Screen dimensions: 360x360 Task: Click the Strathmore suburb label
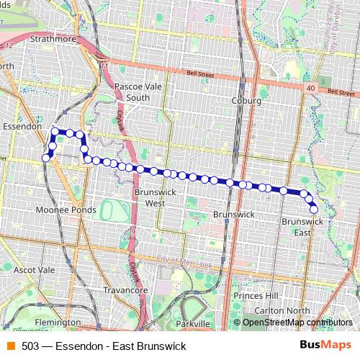point(54,39)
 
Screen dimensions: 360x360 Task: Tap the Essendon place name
point(21,126)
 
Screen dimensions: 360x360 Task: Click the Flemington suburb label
point(57,322)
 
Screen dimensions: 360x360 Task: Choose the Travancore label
point(125,290)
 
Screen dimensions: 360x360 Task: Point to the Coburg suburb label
point(246,102)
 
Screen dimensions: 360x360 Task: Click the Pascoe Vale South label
point(132,92)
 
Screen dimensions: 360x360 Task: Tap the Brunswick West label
point(150,198)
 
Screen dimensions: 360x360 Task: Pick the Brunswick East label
point(297,227)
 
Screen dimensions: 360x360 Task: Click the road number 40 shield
point(310,87)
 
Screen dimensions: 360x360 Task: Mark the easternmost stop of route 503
point(314,209)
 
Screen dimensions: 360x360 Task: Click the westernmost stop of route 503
point(46,158)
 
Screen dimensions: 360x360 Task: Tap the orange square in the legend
point(10,346)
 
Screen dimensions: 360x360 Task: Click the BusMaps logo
point(324,346)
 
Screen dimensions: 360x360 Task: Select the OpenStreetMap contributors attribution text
point(297,323)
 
